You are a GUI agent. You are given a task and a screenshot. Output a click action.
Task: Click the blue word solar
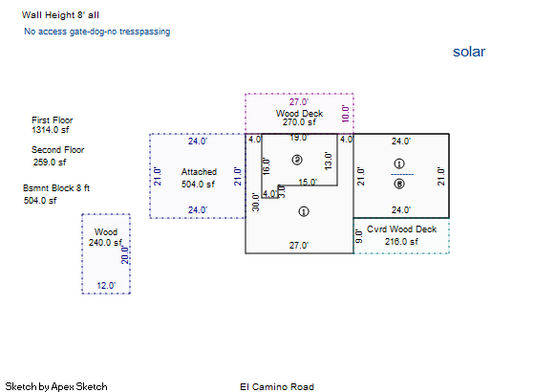(x=469, y=52)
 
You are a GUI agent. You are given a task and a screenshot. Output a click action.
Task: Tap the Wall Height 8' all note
(x=60, y=15)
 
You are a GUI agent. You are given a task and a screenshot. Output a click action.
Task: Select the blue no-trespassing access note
(x=97, y=32)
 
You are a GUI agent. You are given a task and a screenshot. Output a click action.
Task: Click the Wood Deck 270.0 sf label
(x=299, y=118)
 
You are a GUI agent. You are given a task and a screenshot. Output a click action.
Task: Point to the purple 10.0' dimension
(x=345, y=114)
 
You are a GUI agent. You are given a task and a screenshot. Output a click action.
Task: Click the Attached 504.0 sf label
(x=199, y=178)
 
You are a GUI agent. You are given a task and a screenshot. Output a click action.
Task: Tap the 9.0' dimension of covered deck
(x=359, y=236)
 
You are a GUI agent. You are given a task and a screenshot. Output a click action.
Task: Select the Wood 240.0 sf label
(x=106, y=237)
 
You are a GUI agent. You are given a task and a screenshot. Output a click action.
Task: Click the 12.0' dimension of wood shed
(x=106, y=286)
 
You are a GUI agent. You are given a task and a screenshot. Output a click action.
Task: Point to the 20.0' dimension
(x=125, y=255)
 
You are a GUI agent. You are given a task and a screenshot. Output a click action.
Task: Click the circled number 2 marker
(x=297, y=160)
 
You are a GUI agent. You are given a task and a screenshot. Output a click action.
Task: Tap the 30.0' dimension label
(x=256, y=202)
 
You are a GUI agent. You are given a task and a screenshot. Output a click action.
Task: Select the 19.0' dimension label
(x=299, y=138)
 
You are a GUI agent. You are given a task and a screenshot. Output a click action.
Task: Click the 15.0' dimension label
(x=308, y=182)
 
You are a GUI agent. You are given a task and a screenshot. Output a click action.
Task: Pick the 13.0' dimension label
(x=328, y=161)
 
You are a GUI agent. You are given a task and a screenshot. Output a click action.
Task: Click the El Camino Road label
(x=277, y=387)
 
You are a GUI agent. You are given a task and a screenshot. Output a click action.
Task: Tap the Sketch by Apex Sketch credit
(x=56, y=386)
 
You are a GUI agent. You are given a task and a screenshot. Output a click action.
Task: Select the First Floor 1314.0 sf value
(x=51, y=130)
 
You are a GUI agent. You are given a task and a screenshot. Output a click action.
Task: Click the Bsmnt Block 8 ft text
(x=56, y=188)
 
